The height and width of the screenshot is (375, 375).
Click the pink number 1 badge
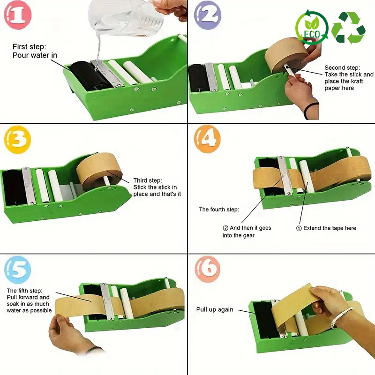(17, 15)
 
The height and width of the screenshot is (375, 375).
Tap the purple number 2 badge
(208, 15)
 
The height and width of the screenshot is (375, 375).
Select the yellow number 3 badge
(17, 139)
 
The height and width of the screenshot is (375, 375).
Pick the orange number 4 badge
(207, 139)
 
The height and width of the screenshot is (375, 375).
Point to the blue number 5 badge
(17, 270)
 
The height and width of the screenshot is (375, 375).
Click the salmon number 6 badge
(207, 269)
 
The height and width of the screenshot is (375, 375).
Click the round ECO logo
(312, 28)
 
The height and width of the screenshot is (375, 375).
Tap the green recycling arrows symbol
(349, 28)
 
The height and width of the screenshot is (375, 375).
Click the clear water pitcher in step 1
(124, 17)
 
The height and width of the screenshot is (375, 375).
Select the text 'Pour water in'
(35, 55)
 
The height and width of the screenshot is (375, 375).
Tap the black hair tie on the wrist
(310, 110)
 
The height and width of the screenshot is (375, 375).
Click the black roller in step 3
(14, 187)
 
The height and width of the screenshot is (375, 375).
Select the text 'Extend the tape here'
(330, 228)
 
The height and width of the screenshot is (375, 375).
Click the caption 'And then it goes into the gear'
(247, 232)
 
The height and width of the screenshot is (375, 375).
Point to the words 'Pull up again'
(215, 309)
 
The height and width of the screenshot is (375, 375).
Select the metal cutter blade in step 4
(285, 175)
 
